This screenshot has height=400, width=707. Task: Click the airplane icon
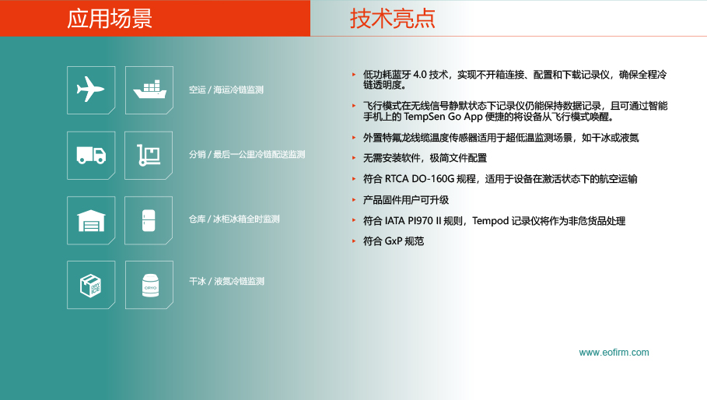pyautogui.click(x=91, y=89)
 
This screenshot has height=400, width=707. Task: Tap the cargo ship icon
pyautogui.click(x=149, y=89)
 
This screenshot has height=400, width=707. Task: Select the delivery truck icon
pyautogui.click(x=91, y=155)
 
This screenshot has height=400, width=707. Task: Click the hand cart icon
pyautogui.click(x=149, y=155)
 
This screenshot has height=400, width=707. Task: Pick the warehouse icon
pyautogui.click(x=91, y=220)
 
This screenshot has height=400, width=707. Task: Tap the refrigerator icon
pyautogui.click(x=149, y=220)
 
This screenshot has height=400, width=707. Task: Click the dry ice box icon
pyautogui.click(x=91, y=286)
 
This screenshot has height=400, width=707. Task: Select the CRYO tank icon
pyautogui.click(x=150, y=286)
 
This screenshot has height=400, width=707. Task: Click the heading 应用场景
pyautogui.click(x=110, y=19)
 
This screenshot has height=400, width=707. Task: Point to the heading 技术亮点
pyautogui.click(x=392, y=19)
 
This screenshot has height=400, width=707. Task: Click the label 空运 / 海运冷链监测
pyautogui.click(x=226, y=89)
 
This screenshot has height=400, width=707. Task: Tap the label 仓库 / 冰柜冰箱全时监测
pyautogui.click(x=234, y=219)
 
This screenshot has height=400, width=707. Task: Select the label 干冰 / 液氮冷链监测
pyautogui.click(x=226, y=282)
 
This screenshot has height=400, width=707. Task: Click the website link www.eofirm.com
pyautogui.click(x=614, y=353)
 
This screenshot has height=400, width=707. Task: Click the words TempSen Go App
pyautogui.click(x=443, y=117)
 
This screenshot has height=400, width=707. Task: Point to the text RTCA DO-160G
pyautogui.click(x=419, y=179)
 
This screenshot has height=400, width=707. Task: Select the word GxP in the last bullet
pyautogui.click(x=393, y=241)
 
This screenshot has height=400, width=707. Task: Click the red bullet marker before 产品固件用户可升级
pyautogui.click(x=354, y=199)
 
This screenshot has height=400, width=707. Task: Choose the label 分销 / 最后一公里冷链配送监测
pyautogui.click(x=247, y=155)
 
